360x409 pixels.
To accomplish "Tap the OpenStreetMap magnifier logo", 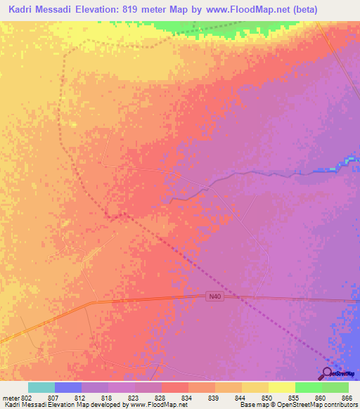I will click(x=328, y=374).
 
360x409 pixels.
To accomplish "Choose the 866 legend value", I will click(x=347, y=397).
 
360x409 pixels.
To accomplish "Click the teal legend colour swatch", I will click(x=41, y=387).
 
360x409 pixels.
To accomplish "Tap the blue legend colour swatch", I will click(x=68, y=387).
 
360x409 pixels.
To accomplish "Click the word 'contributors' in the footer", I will click(x=338, y=405).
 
